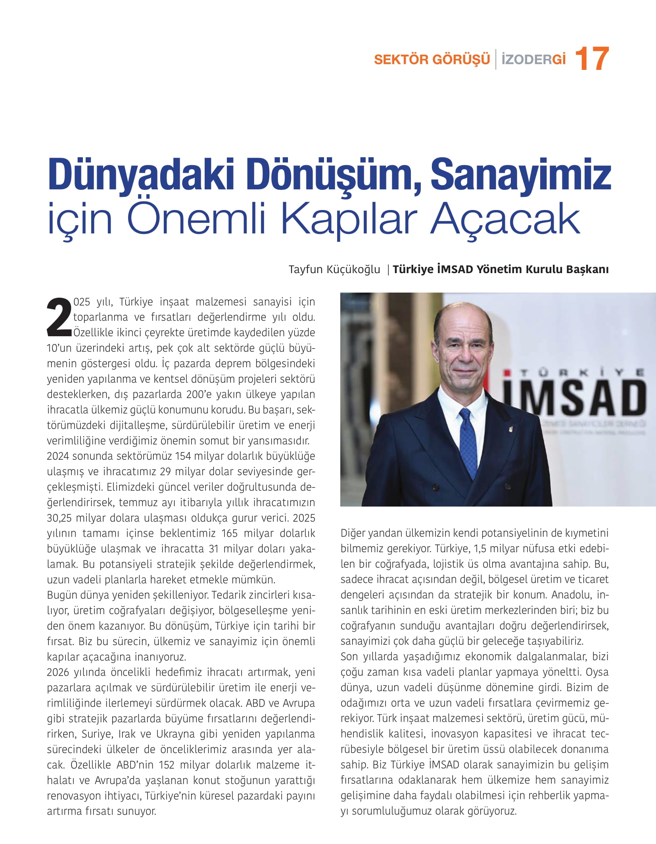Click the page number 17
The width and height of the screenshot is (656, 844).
591,59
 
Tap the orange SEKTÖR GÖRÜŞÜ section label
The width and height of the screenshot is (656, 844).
432,60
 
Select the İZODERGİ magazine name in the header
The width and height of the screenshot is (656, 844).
533,60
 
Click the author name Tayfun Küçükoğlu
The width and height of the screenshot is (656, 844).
334,270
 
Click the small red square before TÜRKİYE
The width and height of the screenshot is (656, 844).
506,373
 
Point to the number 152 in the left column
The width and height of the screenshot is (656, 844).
167,765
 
